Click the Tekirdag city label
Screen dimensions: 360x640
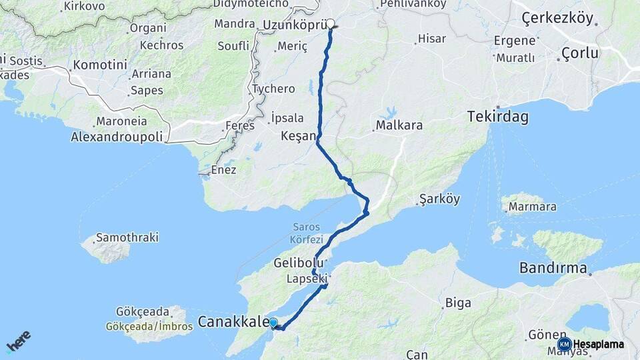click(498, 117)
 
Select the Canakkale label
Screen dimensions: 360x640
click(233, 323)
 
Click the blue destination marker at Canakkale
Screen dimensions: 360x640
click(273, 323)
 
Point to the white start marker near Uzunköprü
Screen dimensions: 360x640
click(330, 23)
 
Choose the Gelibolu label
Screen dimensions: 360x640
click(299, 263)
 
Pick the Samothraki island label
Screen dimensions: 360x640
click(127, 237)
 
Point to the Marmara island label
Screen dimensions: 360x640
click(532, 207)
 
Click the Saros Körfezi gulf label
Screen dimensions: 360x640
click(307, 233)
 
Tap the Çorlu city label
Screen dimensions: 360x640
click(580, 53)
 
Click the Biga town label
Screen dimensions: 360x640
click(458, 303)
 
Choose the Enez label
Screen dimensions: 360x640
click(223, 170)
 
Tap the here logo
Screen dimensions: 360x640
click(18, 341)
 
